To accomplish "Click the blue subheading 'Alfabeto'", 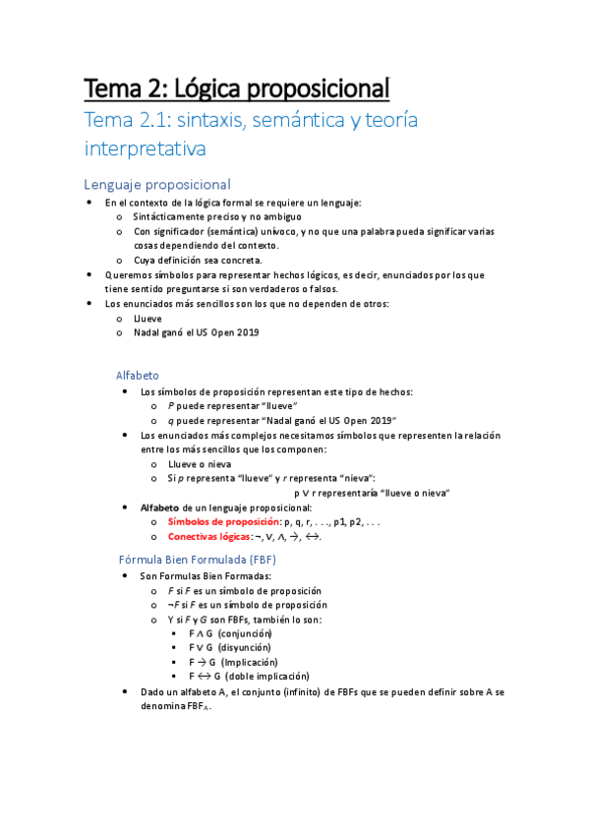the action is (138, 375).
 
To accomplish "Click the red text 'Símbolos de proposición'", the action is (222, 521).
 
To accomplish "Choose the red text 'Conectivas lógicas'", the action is (209, 537).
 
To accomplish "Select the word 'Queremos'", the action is (129, 274).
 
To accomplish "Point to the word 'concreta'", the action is (242, 260).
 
